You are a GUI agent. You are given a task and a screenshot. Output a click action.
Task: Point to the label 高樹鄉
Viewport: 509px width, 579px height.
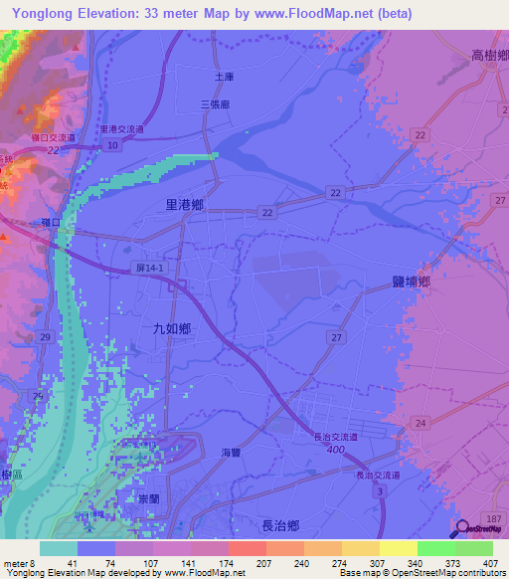pos(491,57)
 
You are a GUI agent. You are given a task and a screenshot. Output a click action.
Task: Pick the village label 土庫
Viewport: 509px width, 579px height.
pos(223,76)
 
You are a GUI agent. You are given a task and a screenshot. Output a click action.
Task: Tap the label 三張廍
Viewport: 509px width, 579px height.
pos(216,103)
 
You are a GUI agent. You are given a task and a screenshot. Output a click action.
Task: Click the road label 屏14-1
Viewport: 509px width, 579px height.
pos(149,270)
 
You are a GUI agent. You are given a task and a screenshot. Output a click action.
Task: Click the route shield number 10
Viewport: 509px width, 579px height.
pos(114,145)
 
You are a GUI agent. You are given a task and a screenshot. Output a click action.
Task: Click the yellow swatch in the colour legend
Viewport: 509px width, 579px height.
pos(398,548)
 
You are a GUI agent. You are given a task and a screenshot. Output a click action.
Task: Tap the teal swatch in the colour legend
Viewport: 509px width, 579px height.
pos(59,548)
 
